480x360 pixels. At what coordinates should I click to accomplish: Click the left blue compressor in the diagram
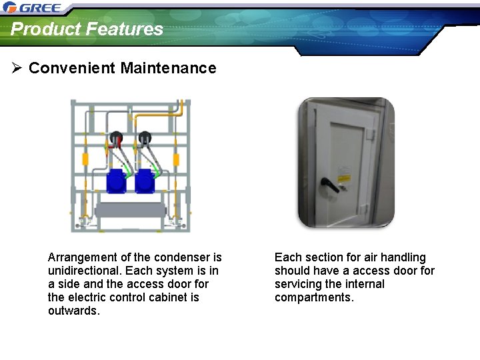(x=117, y=181)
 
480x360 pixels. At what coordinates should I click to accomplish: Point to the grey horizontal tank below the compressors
(x=131, y=212)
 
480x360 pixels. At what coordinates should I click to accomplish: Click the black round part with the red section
(x=117, y=139)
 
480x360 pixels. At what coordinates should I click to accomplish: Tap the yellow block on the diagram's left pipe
(x=85, y=159)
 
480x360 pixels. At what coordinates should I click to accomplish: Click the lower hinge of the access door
(x=364, y=209)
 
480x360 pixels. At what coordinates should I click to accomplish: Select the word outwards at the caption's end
(x=73, y=311)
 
